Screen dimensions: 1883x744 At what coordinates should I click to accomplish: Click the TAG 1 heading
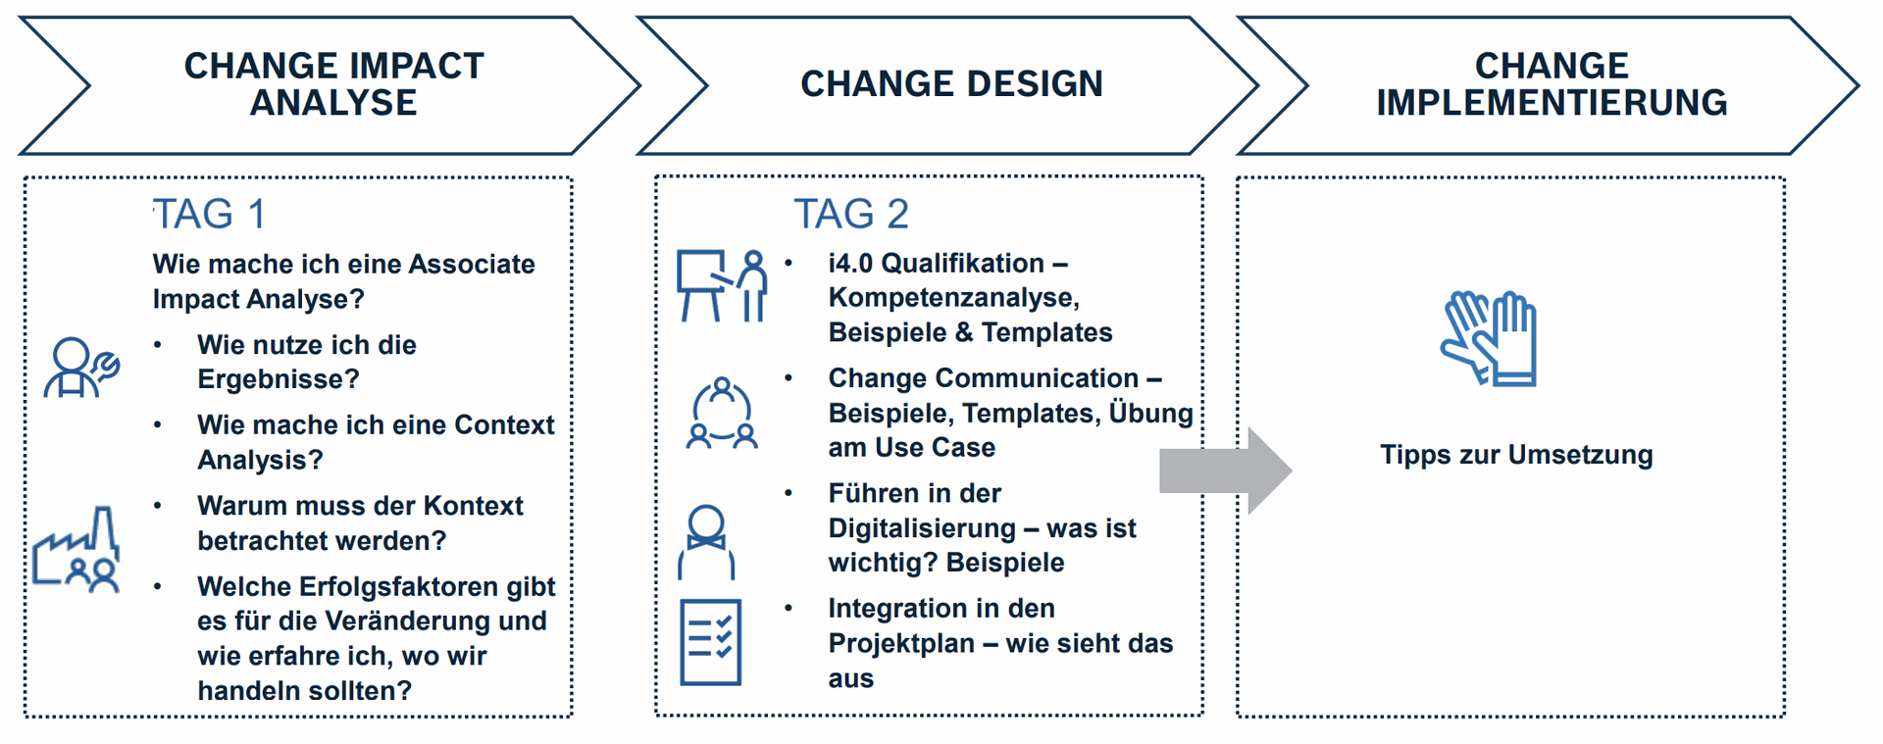(x=209, y=215)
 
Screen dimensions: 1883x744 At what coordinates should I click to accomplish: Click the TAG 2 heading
(x=851, y=215)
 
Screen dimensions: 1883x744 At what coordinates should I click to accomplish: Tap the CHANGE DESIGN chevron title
(x=951, y=84)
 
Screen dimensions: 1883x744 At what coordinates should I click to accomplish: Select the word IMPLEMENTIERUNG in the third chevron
(x=1552, y=103)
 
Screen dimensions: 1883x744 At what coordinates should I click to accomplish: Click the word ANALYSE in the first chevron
(x=333, y=103)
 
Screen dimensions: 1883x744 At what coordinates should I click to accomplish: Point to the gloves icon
(x=1489, y=338)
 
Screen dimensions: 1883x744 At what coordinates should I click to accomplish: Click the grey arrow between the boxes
(x=1226, y=471)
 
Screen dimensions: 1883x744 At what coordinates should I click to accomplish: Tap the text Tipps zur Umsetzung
(x=1516, y=455)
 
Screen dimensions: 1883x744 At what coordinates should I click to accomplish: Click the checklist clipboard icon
(x=711, y=642)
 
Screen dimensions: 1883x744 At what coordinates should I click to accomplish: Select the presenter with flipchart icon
(x=722, y=285)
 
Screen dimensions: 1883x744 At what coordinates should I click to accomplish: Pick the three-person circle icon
(x=722, y=413)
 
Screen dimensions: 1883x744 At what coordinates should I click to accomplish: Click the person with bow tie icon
(x=706, y=542)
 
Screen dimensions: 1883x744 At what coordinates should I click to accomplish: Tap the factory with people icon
(x=76, y=549)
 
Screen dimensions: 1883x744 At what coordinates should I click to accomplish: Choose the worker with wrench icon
(x=81, y=368)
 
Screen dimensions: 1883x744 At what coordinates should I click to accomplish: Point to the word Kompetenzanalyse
(x=953, y=298)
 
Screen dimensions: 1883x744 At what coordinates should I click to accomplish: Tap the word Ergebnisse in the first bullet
(x=279, y=379)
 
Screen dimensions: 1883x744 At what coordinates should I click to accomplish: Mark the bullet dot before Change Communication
(x=789, y=378)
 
